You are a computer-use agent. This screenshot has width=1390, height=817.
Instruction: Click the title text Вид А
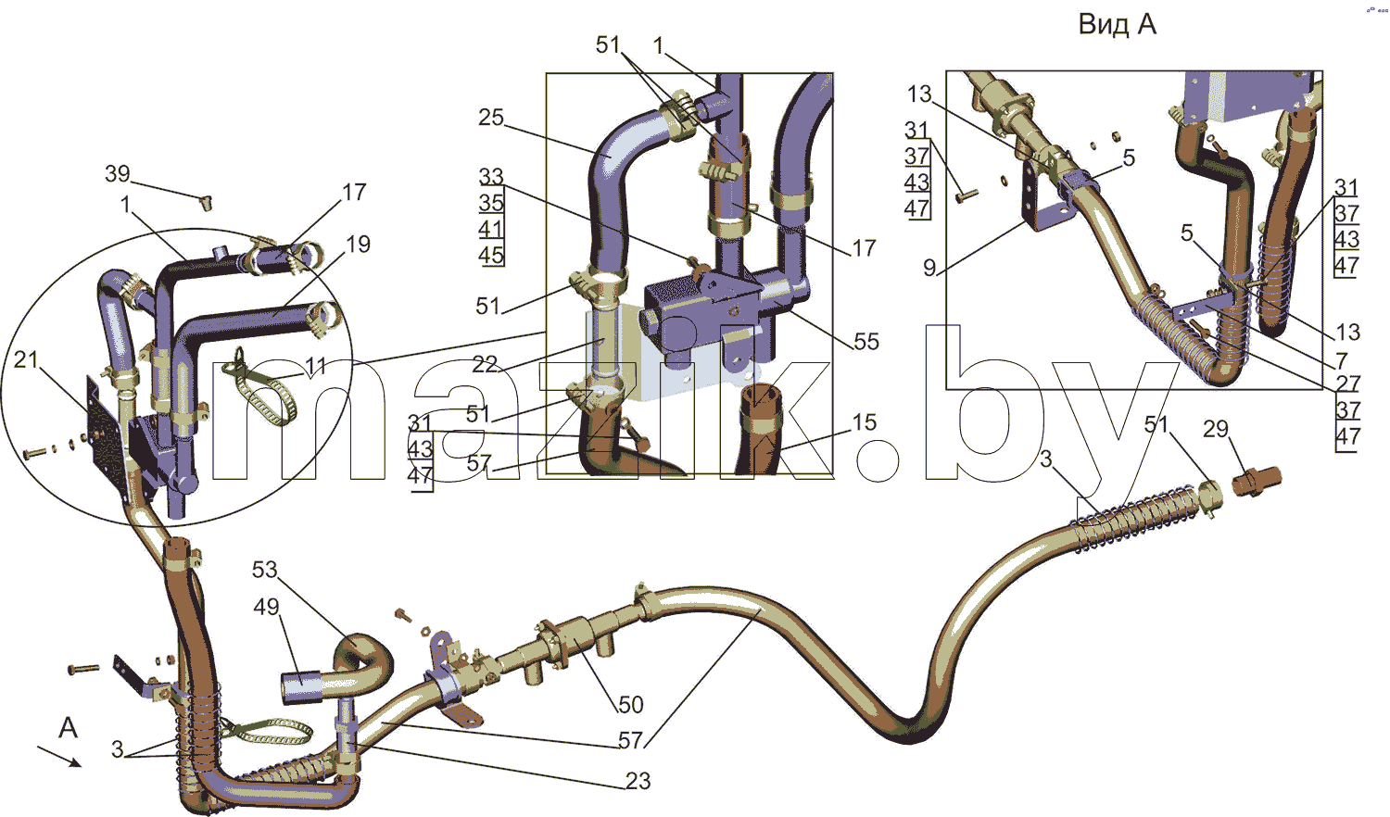point(1117,25)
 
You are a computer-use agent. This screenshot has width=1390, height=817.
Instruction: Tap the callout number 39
point(118,174)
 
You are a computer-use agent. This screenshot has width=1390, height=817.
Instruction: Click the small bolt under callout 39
point(205,202)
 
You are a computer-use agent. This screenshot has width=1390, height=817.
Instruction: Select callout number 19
point(358,244)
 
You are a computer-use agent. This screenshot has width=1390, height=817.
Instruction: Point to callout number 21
point(25,359)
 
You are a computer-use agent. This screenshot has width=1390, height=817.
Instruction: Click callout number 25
point(491,118)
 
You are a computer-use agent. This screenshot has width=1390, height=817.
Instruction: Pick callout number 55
point(866,341)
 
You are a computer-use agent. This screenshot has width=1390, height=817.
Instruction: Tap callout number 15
point(864,422)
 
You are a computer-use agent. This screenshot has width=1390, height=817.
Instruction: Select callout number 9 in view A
point(929,268)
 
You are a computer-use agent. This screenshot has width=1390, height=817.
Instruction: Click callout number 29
point(1216,429)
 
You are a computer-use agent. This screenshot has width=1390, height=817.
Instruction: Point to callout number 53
point(264,570)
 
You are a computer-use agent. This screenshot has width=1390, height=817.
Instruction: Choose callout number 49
point(266,607)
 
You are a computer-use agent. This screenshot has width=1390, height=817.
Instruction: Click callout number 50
point(630,705)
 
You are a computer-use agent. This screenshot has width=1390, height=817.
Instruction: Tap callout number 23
point(638,780)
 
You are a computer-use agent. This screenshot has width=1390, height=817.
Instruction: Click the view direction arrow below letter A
point(59,757)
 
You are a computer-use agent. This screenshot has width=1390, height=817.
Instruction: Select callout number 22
point(485,365)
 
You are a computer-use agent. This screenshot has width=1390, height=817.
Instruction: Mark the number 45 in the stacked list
point(491,255)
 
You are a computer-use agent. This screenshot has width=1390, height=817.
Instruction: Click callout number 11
point(316,366)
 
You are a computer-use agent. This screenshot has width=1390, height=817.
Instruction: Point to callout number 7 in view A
point(1342,360)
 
